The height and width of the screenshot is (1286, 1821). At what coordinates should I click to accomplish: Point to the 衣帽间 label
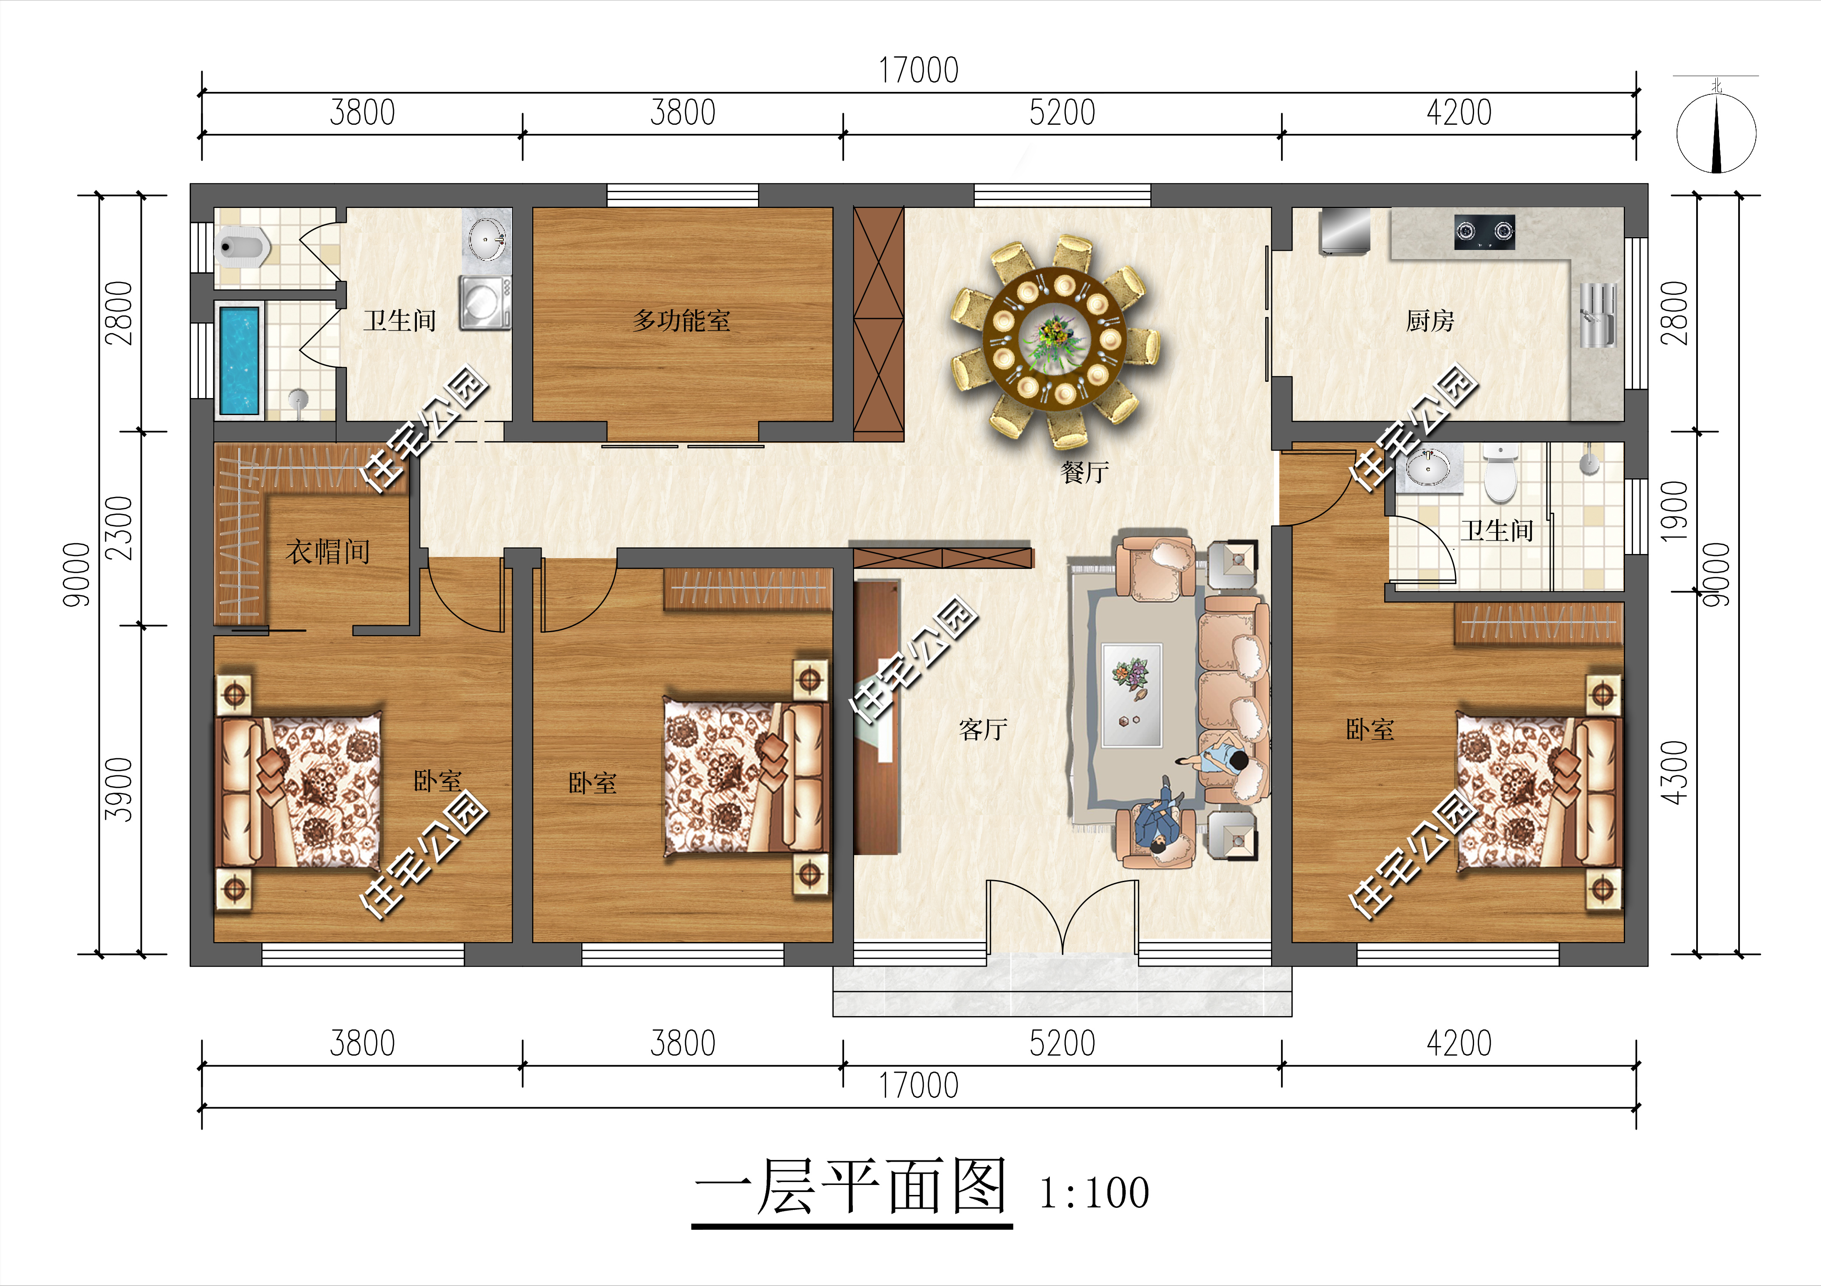[x=327, y=552]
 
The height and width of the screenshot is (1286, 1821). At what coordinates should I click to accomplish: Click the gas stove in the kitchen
[x=1484, y=232]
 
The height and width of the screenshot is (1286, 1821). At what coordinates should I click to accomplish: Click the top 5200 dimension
[x=1062, y=113]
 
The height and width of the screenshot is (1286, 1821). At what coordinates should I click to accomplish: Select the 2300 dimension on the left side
[x=119, y=528]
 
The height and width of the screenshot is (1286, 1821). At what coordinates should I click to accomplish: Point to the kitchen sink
[x=1597, y=316]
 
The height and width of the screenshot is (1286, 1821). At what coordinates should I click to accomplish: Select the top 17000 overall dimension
[x=919, y=71]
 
